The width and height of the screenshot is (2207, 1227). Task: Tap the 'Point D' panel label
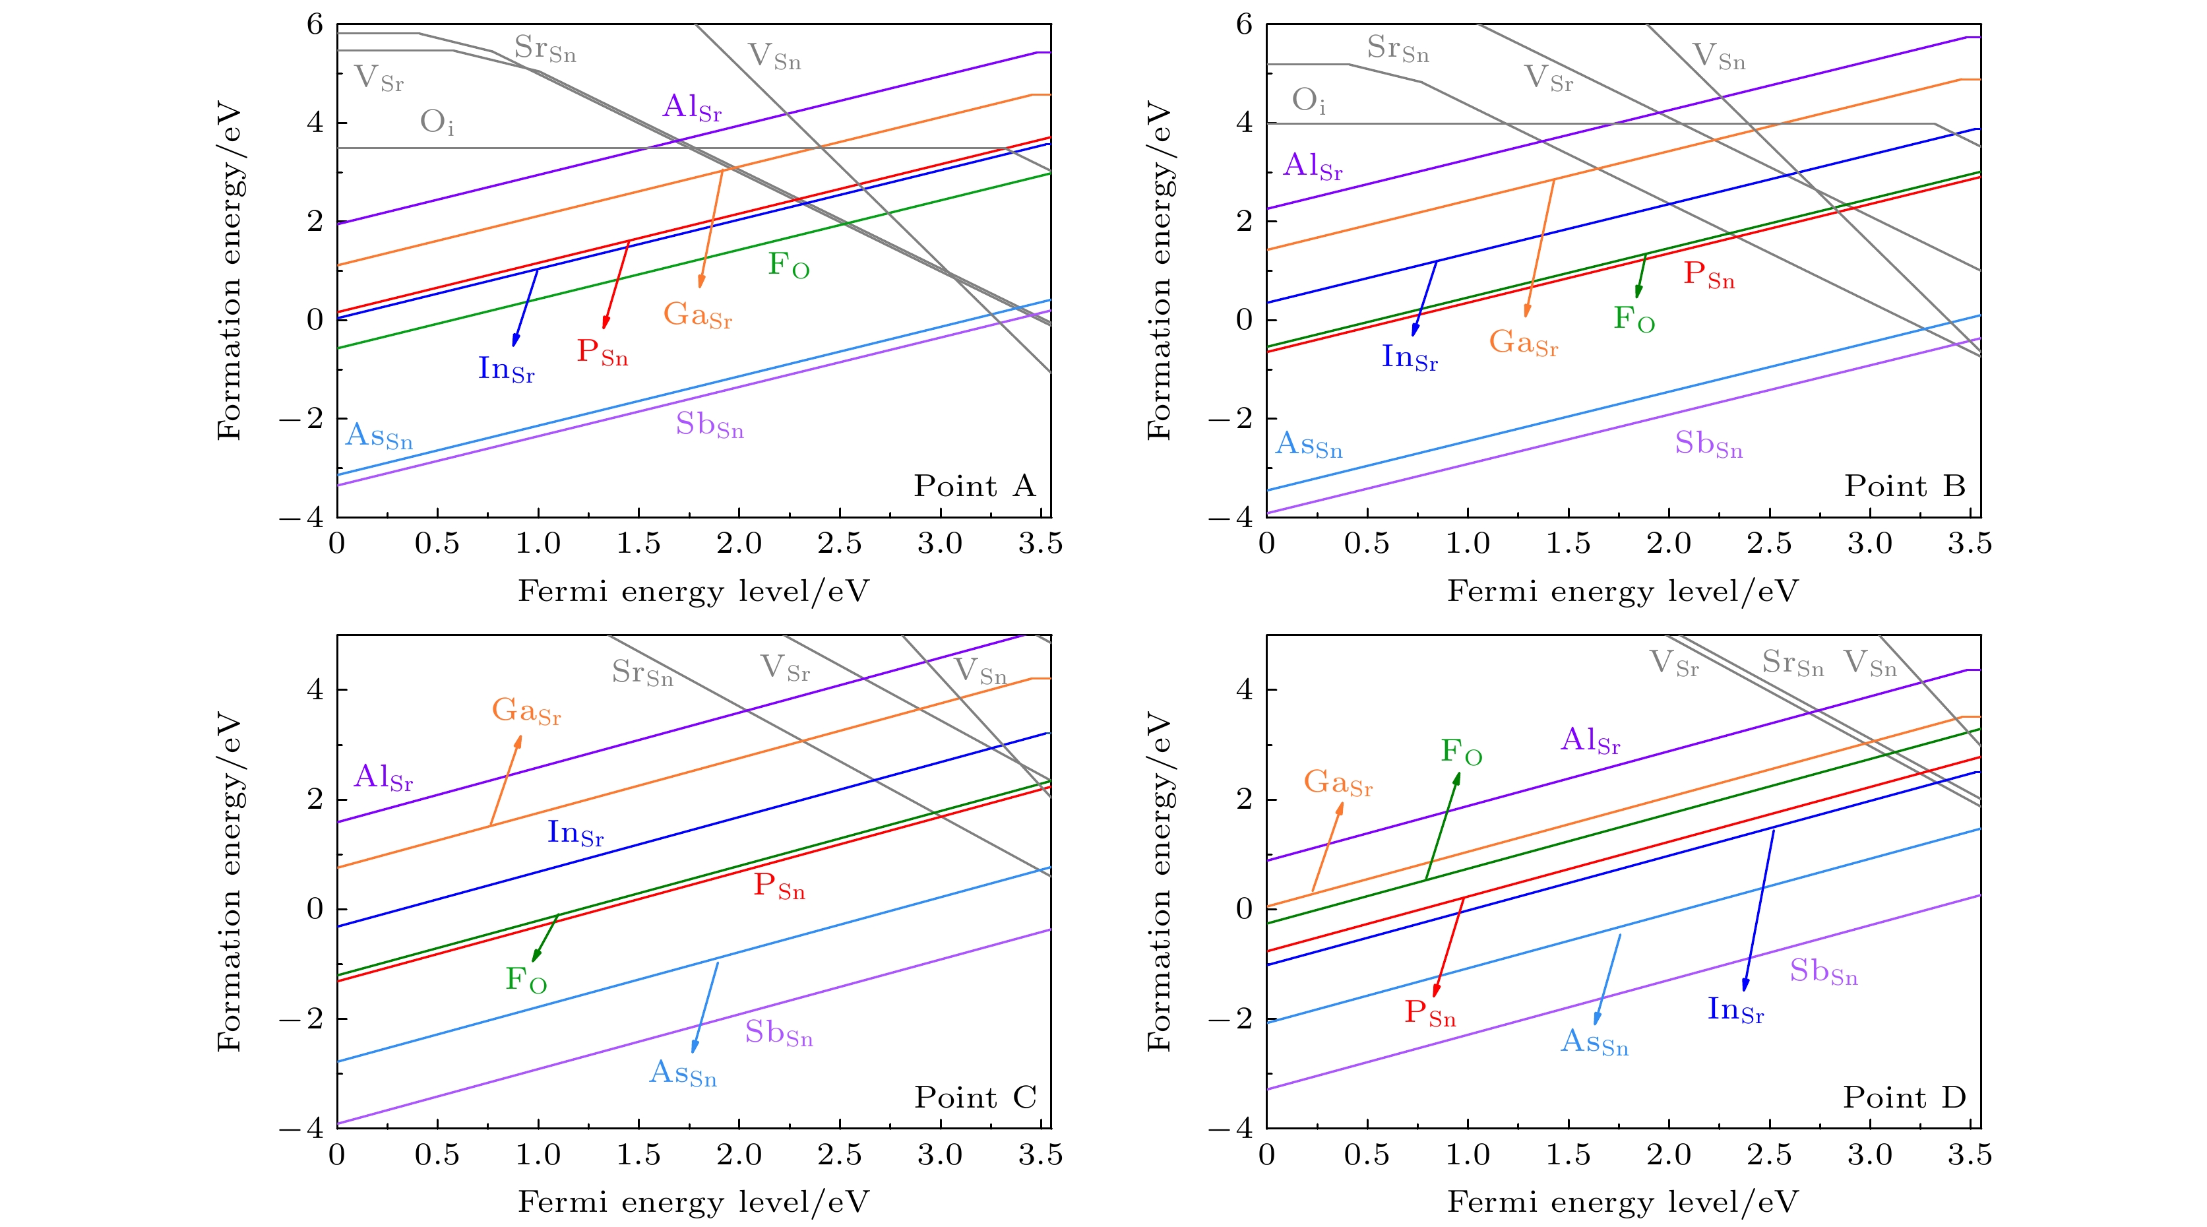coord(1904,1098)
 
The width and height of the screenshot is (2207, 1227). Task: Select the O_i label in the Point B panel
coord(1308,101)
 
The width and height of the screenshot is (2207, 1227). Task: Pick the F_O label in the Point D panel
coord(1461,752)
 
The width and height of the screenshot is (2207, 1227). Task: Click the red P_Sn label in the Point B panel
coord(1708,275)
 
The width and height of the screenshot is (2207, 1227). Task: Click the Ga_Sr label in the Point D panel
coord(1338,783)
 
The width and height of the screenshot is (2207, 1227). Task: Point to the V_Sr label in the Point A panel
coord(379,79)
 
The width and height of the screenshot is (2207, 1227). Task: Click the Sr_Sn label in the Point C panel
coord(642,673)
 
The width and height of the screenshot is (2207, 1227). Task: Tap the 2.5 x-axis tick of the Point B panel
coord(1769,543)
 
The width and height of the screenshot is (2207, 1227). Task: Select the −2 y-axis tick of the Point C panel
coord(301,1019)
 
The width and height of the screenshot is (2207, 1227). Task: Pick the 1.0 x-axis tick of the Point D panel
coord(1468,1155)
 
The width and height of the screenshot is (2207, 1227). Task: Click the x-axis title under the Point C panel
coord(693,1202)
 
